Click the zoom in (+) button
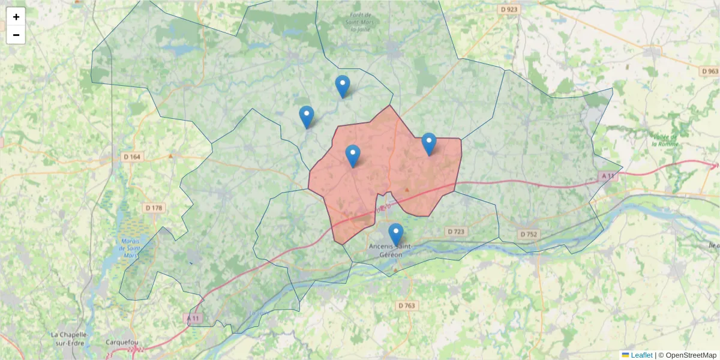pyautogui.click(x=16, y=17)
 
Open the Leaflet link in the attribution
pyautogui.click(x=641, y=355)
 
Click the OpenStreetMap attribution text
pyautogui.click(x=691, y=355)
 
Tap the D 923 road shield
pyautogui.click(x=509, y=10)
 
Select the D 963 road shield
pyautogui.click(x=709, y=71)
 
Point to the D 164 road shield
pyautogui.click(x=134, y=157)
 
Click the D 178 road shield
pyautogui.click(x=154, y=208)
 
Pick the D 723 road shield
pyautogui.click(x=456, y=232)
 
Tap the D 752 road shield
pyautogui.click(x=529, y=234)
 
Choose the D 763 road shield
pyautogui.click(x=406, y=305)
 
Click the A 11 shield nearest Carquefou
pyautogui.click(x=193, y=317)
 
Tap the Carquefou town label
pyautogui.click(x=121, y=344)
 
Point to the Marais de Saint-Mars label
pyautogui.click(x=128, y=249)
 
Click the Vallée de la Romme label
pyautogui.click(x=665, y=140)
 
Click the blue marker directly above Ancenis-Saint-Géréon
pyautogui.click(x=395, y=234)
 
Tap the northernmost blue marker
pyautogui.click(x=342, y=86)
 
